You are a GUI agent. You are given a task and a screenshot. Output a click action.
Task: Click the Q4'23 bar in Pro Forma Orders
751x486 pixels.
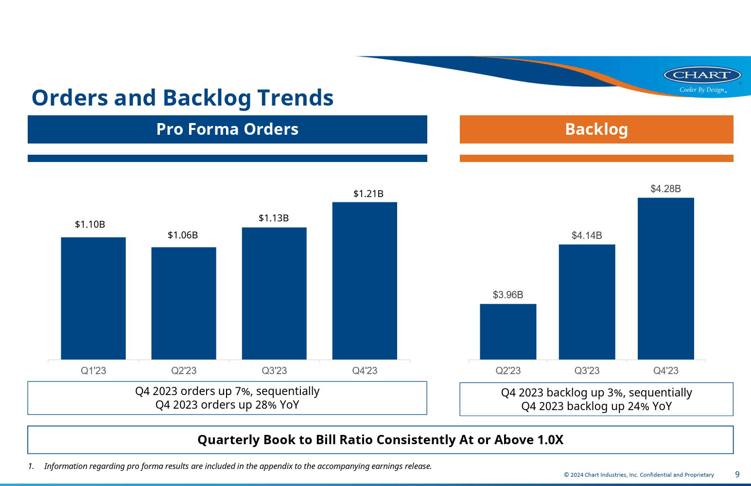365,281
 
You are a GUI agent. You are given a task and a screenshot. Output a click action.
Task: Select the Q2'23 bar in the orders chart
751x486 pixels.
184,304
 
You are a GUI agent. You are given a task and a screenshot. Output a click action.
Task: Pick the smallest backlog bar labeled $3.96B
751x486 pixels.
508,332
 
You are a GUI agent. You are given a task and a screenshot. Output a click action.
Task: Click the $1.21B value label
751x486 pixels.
368,194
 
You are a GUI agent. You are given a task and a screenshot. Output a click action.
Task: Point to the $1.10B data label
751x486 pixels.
90,224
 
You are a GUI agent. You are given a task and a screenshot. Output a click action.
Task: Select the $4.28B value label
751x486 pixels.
665,189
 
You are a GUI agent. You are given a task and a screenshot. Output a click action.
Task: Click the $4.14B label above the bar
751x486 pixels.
587,235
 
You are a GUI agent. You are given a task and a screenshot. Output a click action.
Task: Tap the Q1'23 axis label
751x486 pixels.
93,371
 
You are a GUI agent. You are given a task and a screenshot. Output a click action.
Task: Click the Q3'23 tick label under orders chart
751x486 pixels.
274,371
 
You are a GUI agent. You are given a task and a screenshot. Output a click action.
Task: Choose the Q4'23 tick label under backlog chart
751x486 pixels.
665,371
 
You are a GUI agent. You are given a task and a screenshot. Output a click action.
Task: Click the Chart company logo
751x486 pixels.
702,75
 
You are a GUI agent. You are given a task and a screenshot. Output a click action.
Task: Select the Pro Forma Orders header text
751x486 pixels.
227,129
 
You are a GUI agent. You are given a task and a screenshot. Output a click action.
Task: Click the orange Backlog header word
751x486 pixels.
596,129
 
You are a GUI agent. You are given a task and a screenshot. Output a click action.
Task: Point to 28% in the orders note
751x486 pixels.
266,405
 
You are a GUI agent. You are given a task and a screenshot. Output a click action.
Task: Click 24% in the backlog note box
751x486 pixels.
638,406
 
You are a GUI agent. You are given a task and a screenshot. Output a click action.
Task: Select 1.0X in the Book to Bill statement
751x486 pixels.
550,440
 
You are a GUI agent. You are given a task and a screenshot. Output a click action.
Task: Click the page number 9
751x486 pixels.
737,474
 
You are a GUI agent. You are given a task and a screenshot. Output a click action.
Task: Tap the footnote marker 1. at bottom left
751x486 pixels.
31,466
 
